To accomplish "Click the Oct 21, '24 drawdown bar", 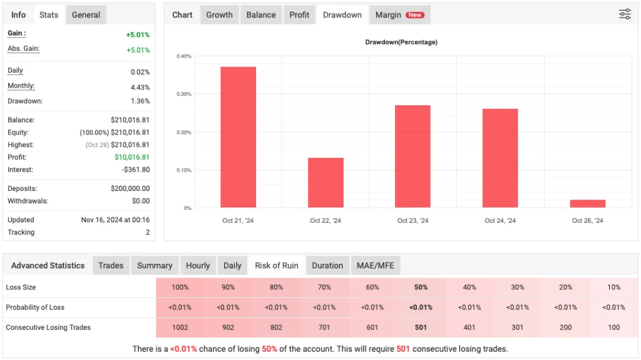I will click(238, 137).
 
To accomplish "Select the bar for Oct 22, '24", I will click(326, 182).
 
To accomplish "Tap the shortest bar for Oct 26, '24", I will click(588, 203).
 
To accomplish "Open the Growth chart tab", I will click(219, 15).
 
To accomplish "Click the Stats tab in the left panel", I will click(49, 15).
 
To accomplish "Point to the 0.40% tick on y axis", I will click(184, 56).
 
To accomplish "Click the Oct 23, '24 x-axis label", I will click(413, 221).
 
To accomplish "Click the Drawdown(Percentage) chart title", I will click(401, 43).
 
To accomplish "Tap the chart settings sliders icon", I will click(625, 14).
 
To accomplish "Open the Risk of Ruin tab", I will click(276, 265).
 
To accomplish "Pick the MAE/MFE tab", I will click(375, 265).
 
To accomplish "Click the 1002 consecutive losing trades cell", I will click(180, 327).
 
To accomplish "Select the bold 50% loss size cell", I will click(421, 287).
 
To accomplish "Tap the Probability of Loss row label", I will click(35, 307).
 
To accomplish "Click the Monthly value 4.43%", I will click(140, 87).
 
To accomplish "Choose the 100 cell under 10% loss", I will click(613, 327).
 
